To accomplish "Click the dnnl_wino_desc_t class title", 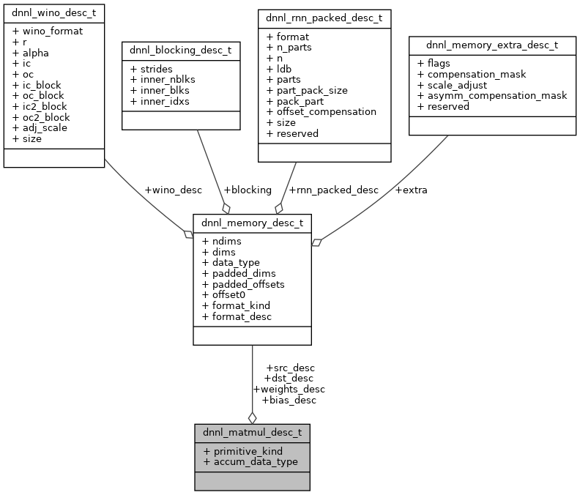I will [x=53, y=13].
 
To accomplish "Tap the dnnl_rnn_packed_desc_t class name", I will [x=324, y=18].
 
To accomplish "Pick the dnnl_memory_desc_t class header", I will [x=252, y=223].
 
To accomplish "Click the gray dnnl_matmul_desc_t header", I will [x=252, y=432].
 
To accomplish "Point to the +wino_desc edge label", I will [x=173, y=190].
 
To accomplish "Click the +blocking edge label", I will [x=247, y=190].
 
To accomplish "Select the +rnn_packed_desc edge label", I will [x=333, y=190].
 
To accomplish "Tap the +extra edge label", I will [x=411, y=190].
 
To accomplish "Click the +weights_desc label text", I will [x=289, y=389].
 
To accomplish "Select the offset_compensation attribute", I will [x=321, y=112].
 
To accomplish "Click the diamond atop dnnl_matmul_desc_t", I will [x=252, y=417].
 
